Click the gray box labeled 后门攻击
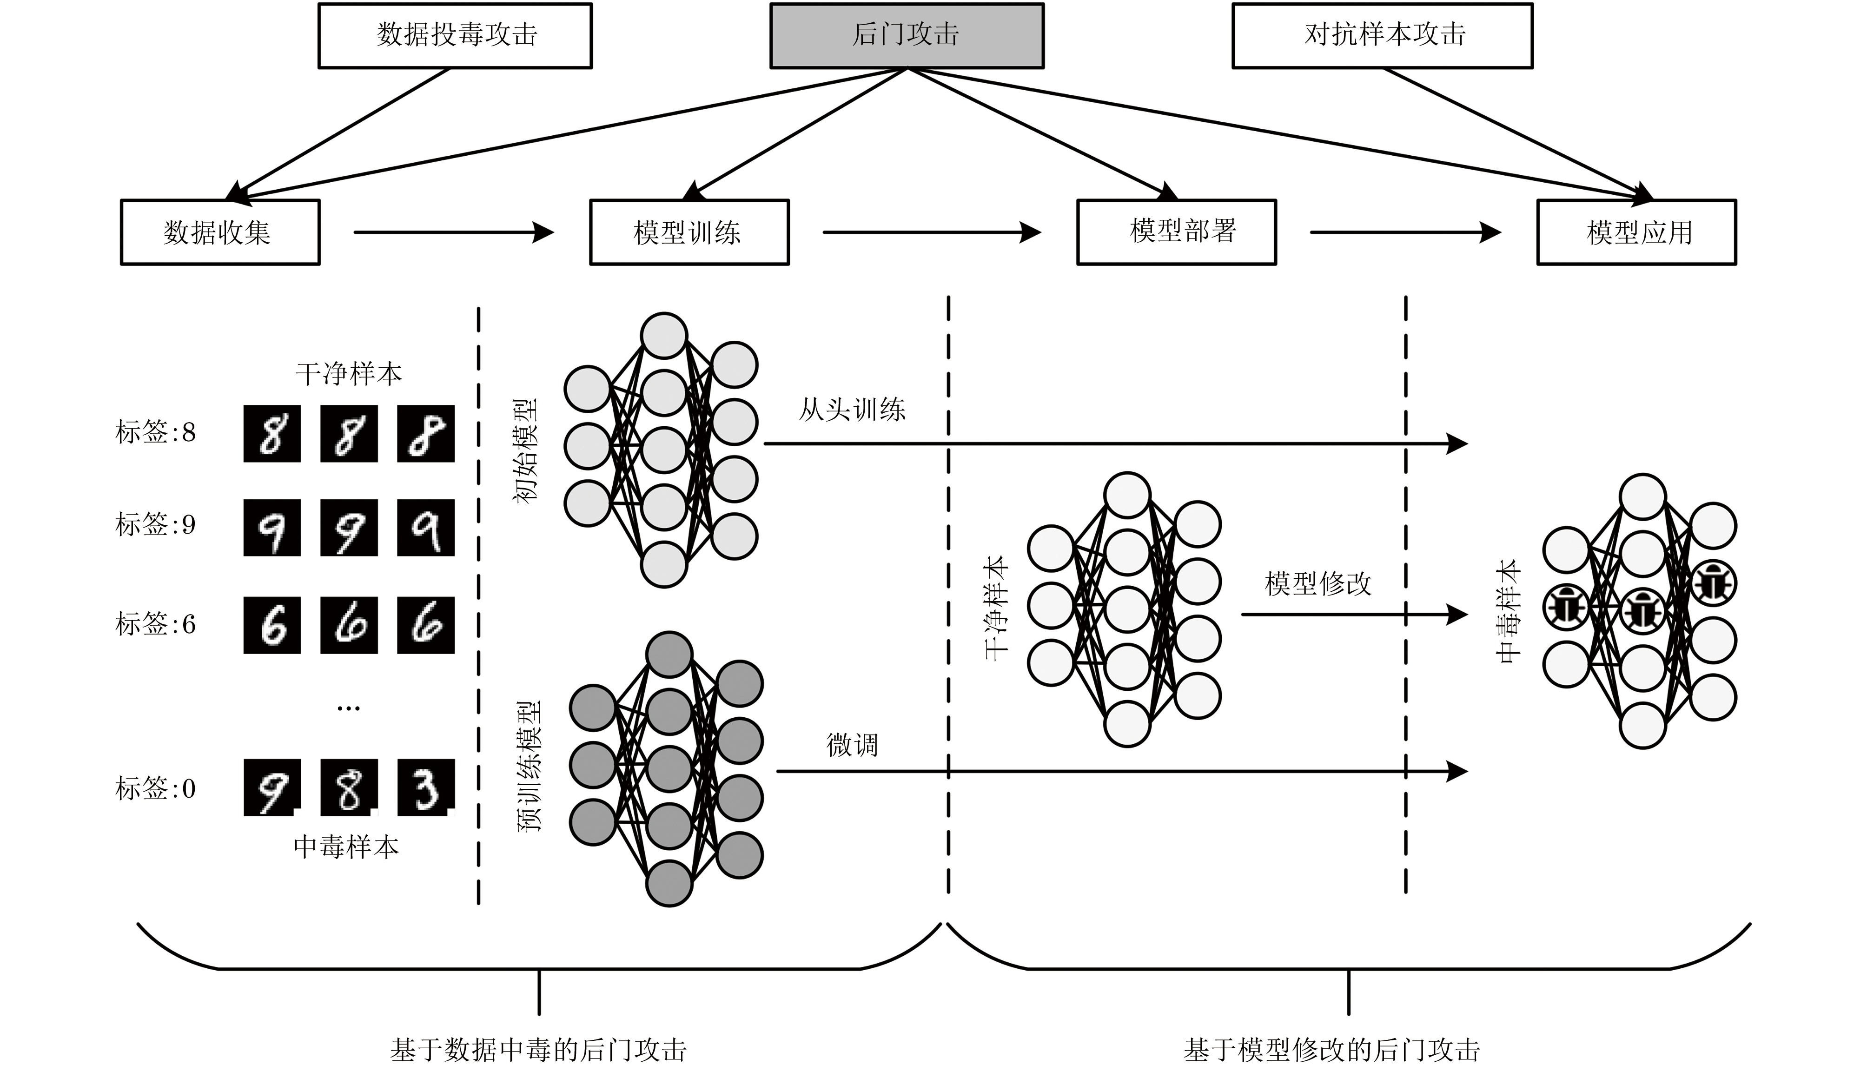tap(907, 36)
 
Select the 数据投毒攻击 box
tap(455, 36)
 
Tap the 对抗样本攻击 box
tap(1382, 36)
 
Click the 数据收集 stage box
tap(220, 232)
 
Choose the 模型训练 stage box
tap(689, 232)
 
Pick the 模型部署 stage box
tap(1176, 232)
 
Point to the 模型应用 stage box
tap(1636, 232)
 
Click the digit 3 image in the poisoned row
tap(426, 788)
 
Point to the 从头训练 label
tap(852, 410)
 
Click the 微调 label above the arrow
tap(852, 745)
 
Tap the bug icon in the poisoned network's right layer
tap(1714, 583)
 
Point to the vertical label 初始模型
tap(525, 450)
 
